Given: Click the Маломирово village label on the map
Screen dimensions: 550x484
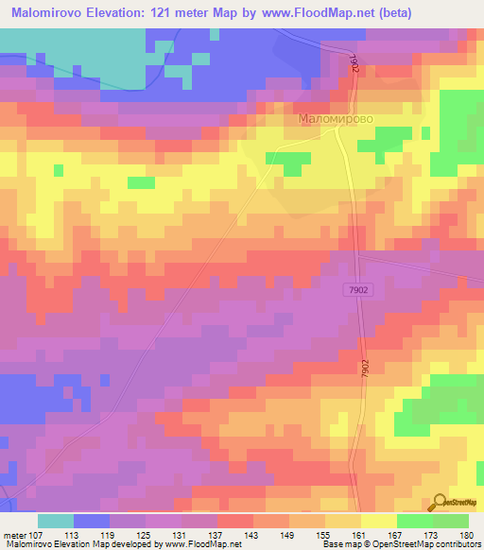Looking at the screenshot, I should click(x=337, y=121).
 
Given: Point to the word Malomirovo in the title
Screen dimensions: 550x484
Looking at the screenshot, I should click(x=47, y=13).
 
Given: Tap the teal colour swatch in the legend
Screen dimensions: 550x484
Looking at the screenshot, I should click(x=56, y=522).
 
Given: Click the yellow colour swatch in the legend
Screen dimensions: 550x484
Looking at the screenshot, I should click(x=379, y=522).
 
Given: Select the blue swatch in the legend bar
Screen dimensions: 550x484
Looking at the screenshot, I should click(x=92, y=522).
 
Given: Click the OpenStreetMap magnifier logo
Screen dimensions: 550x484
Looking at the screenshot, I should click(x=440, y=503).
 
